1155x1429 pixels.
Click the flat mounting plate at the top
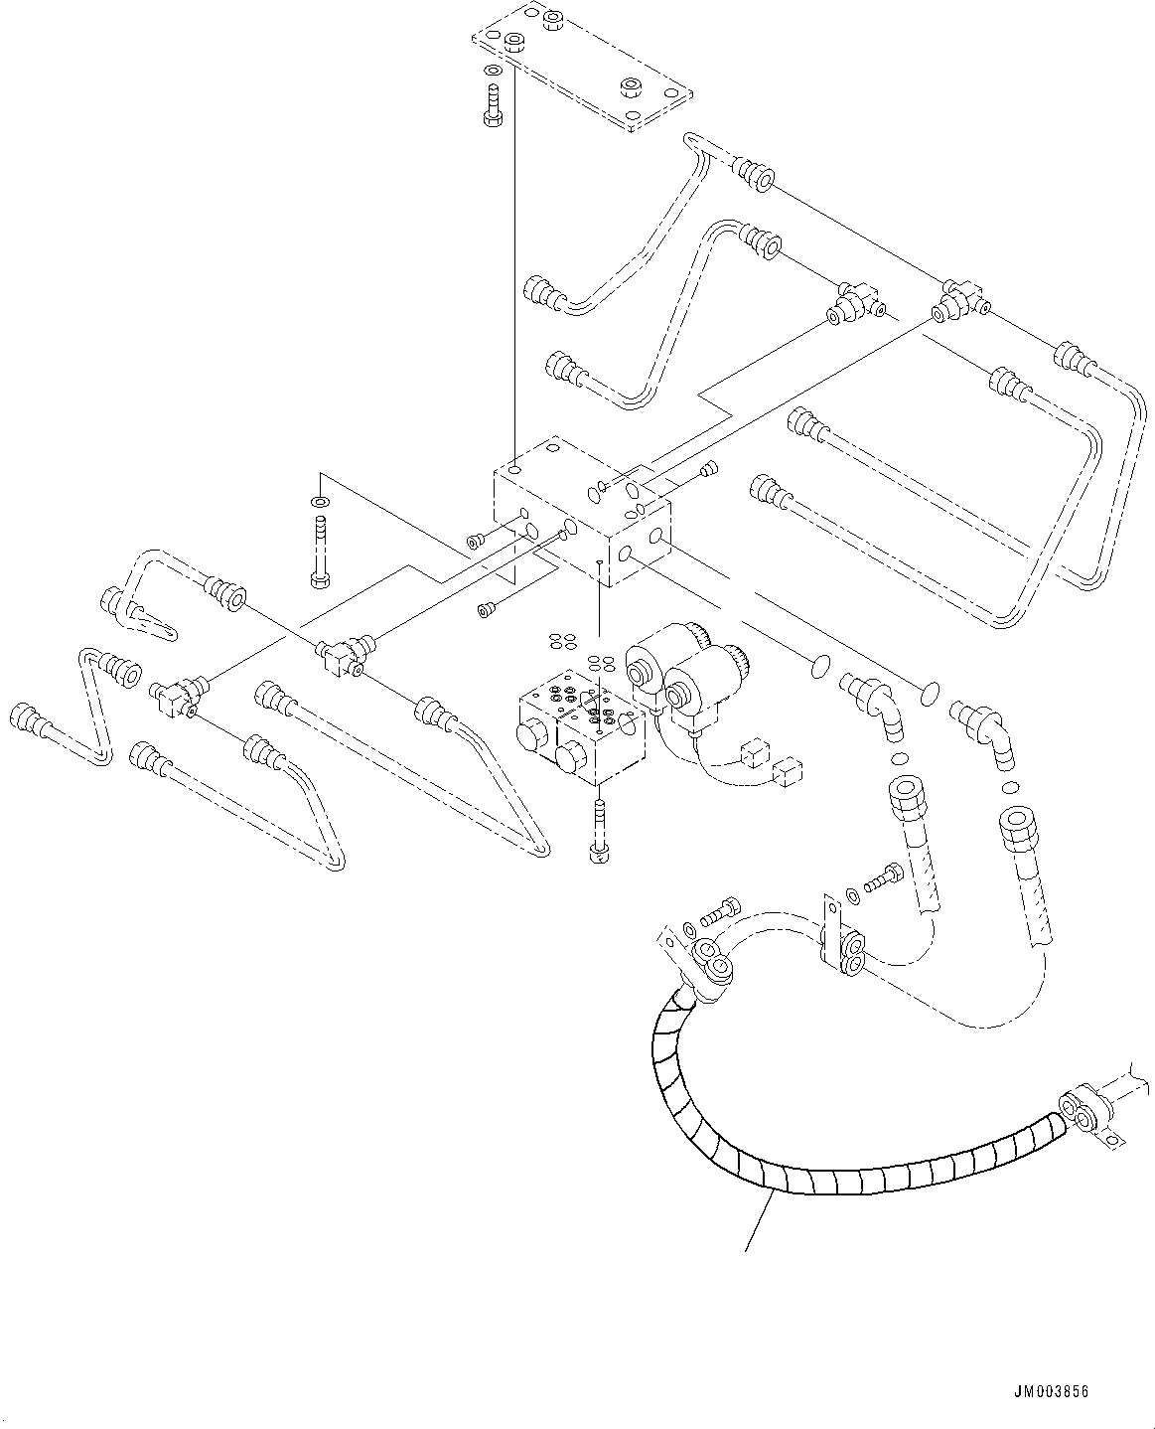point(581,65)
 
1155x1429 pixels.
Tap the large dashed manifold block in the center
point(581,512)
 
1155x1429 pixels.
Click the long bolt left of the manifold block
point(319,552)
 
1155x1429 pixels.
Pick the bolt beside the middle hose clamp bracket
point(883,878)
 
